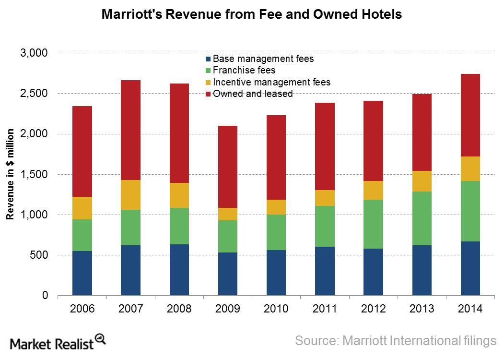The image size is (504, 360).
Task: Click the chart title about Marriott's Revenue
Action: [x=252, y=15]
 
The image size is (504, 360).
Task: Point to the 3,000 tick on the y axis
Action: [x=35, y=53]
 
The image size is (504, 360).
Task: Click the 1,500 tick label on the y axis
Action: [x=35, y=174]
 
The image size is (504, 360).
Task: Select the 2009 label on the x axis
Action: [x=228, y=309]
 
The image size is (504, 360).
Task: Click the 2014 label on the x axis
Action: [x=470, y=309]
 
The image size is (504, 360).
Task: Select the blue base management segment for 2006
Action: [x=82, y=273]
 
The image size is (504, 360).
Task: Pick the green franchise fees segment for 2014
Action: [x=470, y=211]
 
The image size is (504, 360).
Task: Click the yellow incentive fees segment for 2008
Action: [x=179, y=195]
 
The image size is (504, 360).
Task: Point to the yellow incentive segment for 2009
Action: [x=228, y=214]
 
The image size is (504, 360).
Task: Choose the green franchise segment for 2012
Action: [x=373, y=224]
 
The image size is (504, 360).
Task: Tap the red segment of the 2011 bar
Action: [x=325, y=146]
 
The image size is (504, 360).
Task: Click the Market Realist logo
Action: [x=58, y=342]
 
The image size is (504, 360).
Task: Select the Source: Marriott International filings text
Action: [x=395, y=341]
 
